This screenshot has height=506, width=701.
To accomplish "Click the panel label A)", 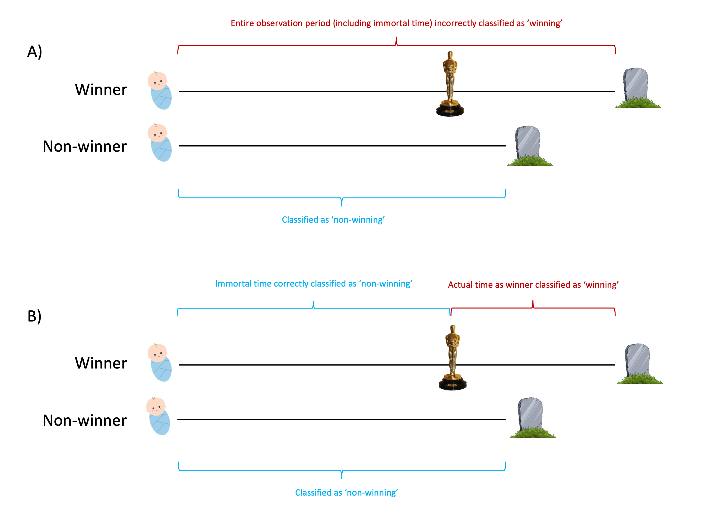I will point(35,52).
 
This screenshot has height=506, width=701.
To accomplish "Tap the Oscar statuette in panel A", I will point(450,84).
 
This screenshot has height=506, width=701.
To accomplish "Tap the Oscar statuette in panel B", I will point(452,358).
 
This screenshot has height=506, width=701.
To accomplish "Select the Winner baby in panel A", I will point(160,91).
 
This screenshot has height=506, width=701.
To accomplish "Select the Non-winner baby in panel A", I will point(160,142).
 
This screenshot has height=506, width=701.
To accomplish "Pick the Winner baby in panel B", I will point(160,362).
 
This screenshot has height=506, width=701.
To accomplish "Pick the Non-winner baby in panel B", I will point(158,416).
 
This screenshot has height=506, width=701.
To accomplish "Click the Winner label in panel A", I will point(101,90).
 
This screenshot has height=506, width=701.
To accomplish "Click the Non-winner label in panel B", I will point(85,420).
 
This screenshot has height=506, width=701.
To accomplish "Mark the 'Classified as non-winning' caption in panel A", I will point(333,220).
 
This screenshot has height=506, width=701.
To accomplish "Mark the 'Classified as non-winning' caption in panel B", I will point(346,492).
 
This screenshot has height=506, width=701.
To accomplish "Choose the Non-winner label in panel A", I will point(85,147).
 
